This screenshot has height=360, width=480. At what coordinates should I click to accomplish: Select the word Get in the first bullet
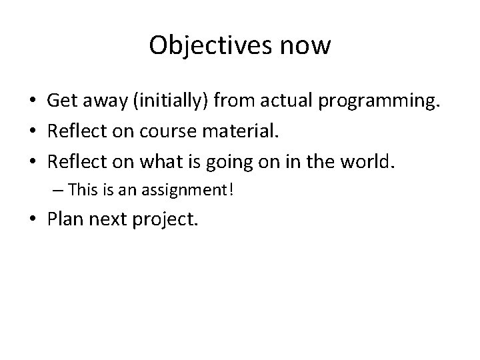click(61, 101)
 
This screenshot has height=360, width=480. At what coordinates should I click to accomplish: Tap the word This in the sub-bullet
click(83, 191)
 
